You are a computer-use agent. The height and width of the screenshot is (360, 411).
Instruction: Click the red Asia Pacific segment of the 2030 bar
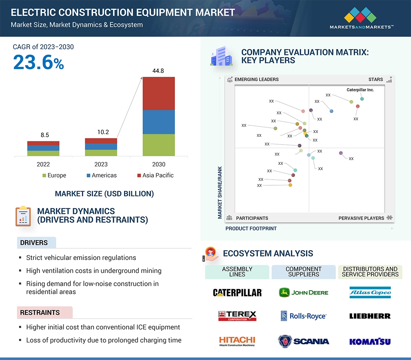[x=158, y=93]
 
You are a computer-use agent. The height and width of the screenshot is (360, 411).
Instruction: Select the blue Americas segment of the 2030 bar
[x=158, y=122]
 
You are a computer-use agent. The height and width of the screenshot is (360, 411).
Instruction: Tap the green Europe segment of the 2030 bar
[x=158, y=145]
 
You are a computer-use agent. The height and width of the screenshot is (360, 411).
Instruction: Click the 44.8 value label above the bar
[x=158, y=71]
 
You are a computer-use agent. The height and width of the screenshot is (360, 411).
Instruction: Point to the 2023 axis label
[x=101, y=164]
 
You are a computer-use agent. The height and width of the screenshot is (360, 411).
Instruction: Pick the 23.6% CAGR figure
[x=39, y=63]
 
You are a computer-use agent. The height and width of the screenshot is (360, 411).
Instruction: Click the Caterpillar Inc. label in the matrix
[x=360, y=90]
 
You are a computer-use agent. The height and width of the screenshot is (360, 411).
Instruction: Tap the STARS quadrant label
[x=376, y=80]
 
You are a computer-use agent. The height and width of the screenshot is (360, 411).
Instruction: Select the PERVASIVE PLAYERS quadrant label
[x=361, y=218]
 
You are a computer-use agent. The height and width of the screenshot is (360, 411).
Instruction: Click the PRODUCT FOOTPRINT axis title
[x=251, y=228]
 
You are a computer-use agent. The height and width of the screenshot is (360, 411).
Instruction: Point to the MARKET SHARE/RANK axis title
[x=220, y=192]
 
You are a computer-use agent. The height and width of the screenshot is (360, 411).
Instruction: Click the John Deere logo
[x=304, y=292]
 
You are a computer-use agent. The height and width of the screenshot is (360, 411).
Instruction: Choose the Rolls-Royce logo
[x=304, y=316]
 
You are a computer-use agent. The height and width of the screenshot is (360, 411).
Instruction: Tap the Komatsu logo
[x=370, y=341]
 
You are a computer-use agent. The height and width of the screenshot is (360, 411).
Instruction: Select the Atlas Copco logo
[x=370, y=292]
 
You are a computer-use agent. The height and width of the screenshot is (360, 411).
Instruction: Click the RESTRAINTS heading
[x=40, y=313]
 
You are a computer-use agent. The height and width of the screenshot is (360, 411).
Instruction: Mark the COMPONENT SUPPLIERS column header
[x=304, y=272]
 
